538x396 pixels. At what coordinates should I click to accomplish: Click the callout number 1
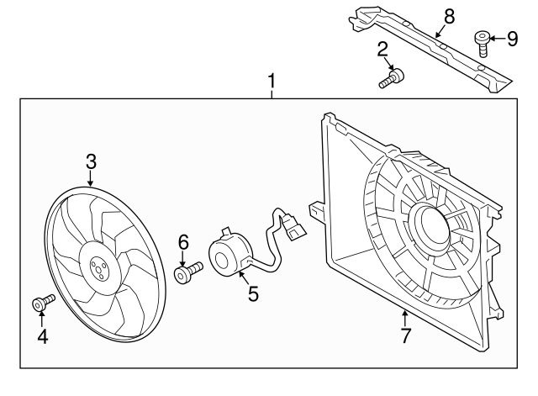[x=271, y=82]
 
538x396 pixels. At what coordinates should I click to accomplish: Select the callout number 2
[x=382, y=49]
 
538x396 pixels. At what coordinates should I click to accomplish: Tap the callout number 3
[x=91, y=161]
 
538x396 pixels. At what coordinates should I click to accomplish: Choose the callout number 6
[x=182, y=242]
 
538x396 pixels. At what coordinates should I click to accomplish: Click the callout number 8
[x=448, y=14]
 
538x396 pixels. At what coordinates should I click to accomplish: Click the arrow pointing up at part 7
[x=404, y=319]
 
